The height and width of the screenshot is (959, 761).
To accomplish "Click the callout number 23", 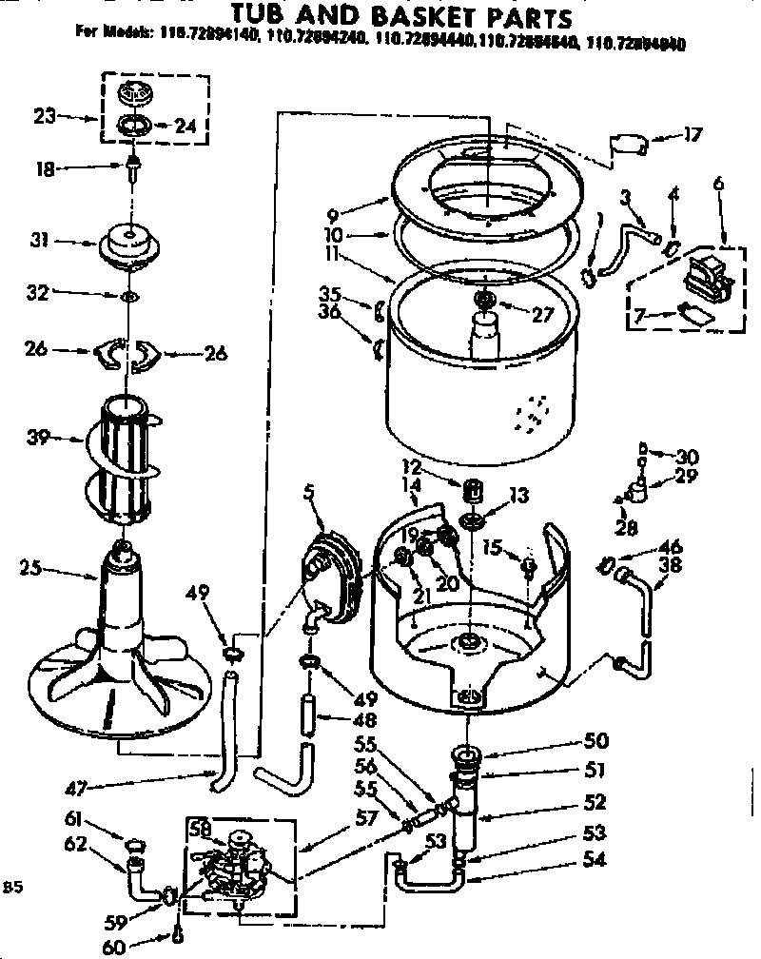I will (x=44, y=116).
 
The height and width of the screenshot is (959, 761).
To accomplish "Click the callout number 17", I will (x=693, y=135).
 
